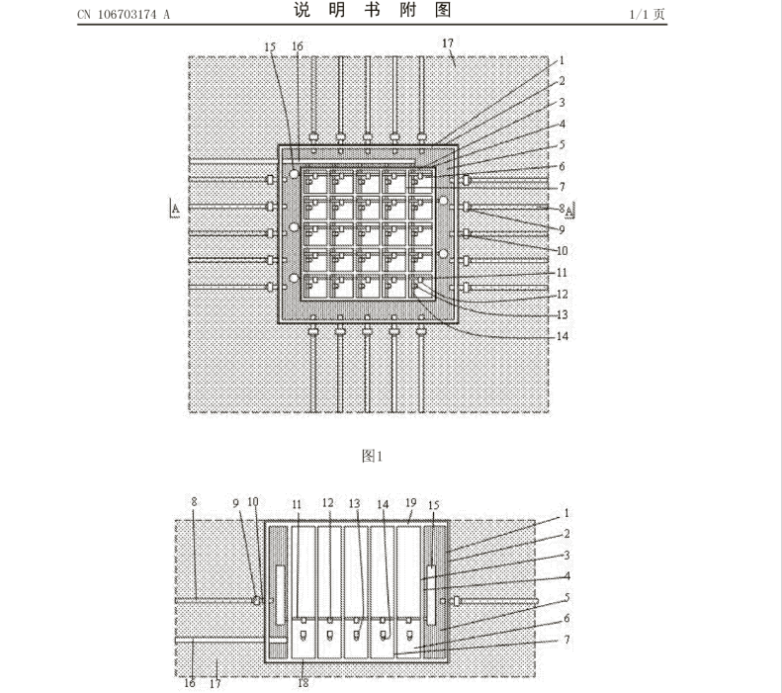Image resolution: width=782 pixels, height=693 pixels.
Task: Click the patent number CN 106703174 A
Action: pos(124,15)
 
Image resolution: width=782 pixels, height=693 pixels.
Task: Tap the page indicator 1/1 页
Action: pos(647,14)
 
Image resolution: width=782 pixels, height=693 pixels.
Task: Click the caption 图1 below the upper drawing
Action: pos(372,456)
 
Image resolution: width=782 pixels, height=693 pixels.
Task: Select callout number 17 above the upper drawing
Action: pos(448,43)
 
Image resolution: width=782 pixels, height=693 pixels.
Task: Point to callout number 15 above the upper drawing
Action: pos(270,46)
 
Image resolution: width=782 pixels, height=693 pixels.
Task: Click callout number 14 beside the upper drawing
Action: pos(563,336)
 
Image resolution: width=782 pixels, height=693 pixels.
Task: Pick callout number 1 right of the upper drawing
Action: pos(563,60)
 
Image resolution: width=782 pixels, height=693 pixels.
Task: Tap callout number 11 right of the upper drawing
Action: pos(563,273)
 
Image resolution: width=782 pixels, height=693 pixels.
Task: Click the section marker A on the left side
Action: pos(175,209)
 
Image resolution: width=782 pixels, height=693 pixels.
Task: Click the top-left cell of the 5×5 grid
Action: pos(315,183)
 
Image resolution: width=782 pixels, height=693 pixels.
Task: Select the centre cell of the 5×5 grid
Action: pos(369,235)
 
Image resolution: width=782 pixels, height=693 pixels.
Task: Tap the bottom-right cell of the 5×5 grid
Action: pos(421,287)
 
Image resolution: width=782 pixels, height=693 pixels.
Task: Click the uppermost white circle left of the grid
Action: pos(294,174)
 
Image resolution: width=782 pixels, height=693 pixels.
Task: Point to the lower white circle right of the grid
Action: pos(443,254)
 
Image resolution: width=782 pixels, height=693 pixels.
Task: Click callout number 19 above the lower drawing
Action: pos(410,502)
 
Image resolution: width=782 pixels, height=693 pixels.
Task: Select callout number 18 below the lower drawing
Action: pos(304,683)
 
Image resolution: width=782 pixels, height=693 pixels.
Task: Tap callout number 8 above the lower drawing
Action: pos(194,501)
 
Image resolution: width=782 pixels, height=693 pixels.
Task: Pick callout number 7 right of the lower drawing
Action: pos(566,640)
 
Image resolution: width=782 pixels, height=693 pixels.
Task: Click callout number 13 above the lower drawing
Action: pos(354,503)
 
